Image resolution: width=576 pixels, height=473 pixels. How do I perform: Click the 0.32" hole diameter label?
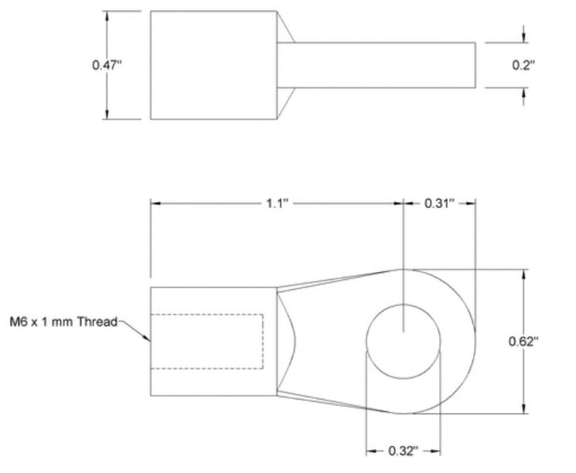click(404, 451)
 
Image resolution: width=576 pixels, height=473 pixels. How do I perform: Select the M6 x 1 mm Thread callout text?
click(63, 321)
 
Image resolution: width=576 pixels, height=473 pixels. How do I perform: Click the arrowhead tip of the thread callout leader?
click(149, 339)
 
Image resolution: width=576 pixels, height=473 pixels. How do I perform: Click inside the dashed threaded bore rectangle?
click(207, 341)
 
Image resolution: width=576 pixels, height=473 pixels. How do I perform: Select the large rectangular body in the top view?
click(213, 65)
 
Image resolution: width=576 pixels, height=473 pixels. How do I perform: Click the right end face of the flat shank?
click(476, 65)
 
